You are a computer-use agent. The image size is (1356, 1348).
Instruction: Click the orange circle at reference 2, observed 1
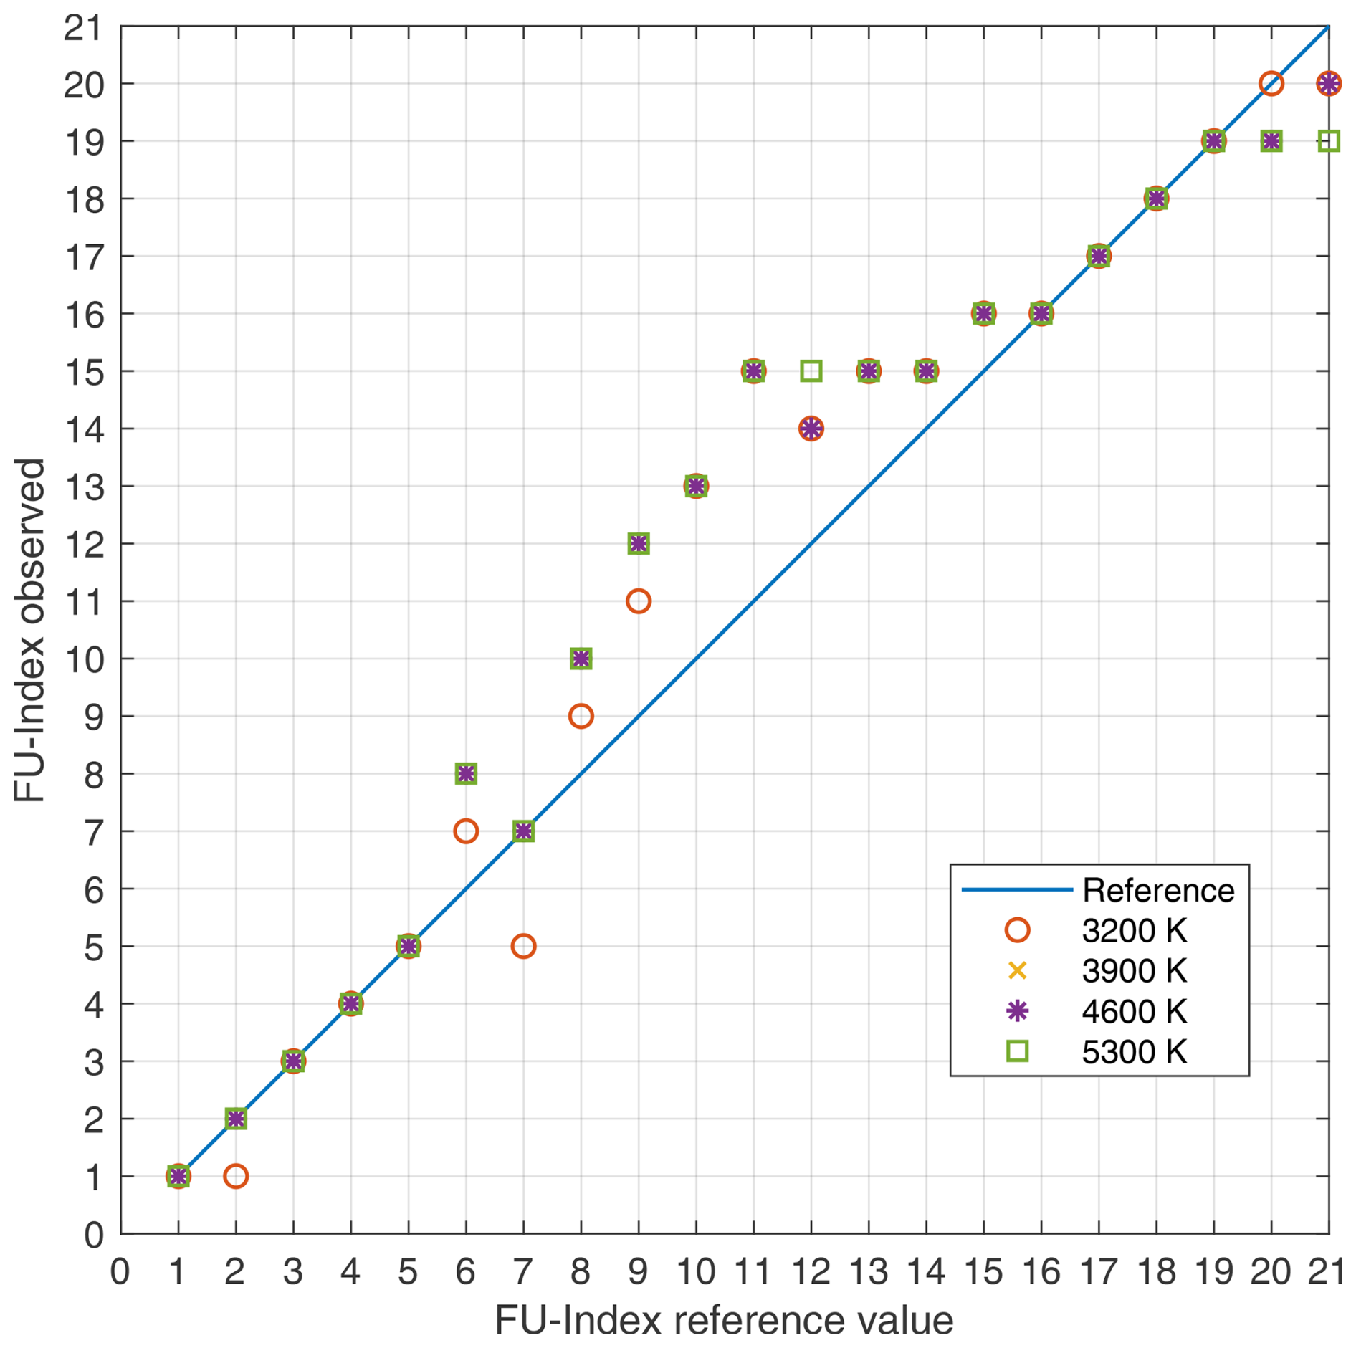coord(235,1176)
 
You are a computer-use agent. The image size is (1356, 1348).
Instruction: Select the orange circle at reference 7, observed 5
coord(523,946)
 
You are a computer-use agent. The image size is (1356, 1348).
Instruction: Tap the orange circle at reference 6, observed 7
coord(466,831)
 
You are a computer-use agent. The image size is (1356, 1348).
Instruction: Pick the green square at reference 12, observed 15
coord(811,371)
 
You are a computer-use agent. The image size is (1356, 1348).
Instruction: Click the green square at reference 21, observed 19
coord(1328,141)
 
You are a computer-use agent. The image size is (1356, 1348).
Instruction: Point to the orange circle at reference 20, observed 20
coord(1271,84)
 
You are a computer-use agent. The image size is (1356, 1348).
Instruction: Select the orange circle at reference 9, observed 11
coord(638,601)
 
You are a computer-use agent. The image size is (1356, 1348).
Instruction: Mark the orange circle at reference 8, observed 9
coord(581,716)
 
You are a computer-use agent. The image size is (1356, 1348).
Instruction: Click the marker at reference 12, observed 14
coord(811,429)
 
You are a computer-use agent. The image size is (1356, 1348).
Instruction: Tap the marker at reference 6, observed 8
coord(466,773)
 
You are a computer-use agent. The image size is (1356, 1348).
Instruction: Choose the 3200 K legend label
coord(1134,931)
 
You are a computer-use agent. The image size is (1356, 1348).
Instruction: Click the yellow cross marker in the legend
coord(1017,971)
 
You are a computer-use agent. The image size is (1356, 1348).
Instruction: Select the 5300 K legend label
coord(1134,1052)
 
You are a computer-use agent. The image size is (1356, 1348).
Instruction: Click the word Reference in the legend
coord(1158,890)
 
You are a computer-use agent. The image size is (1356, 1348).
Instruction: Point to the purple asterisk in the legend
coord(1017,1011)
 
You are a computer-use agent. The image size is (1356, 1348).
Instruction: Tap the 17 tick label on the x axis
coord(1098,1272)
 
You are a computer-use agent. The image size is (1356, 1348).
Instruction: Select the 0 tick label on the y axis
coord(94,1235)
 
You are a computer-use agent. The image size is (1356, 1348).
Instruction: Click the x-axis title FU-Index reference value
coord(724,1320)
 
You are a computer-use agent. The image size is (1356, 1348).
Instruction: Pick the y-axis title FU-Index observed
coord(30,630)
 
